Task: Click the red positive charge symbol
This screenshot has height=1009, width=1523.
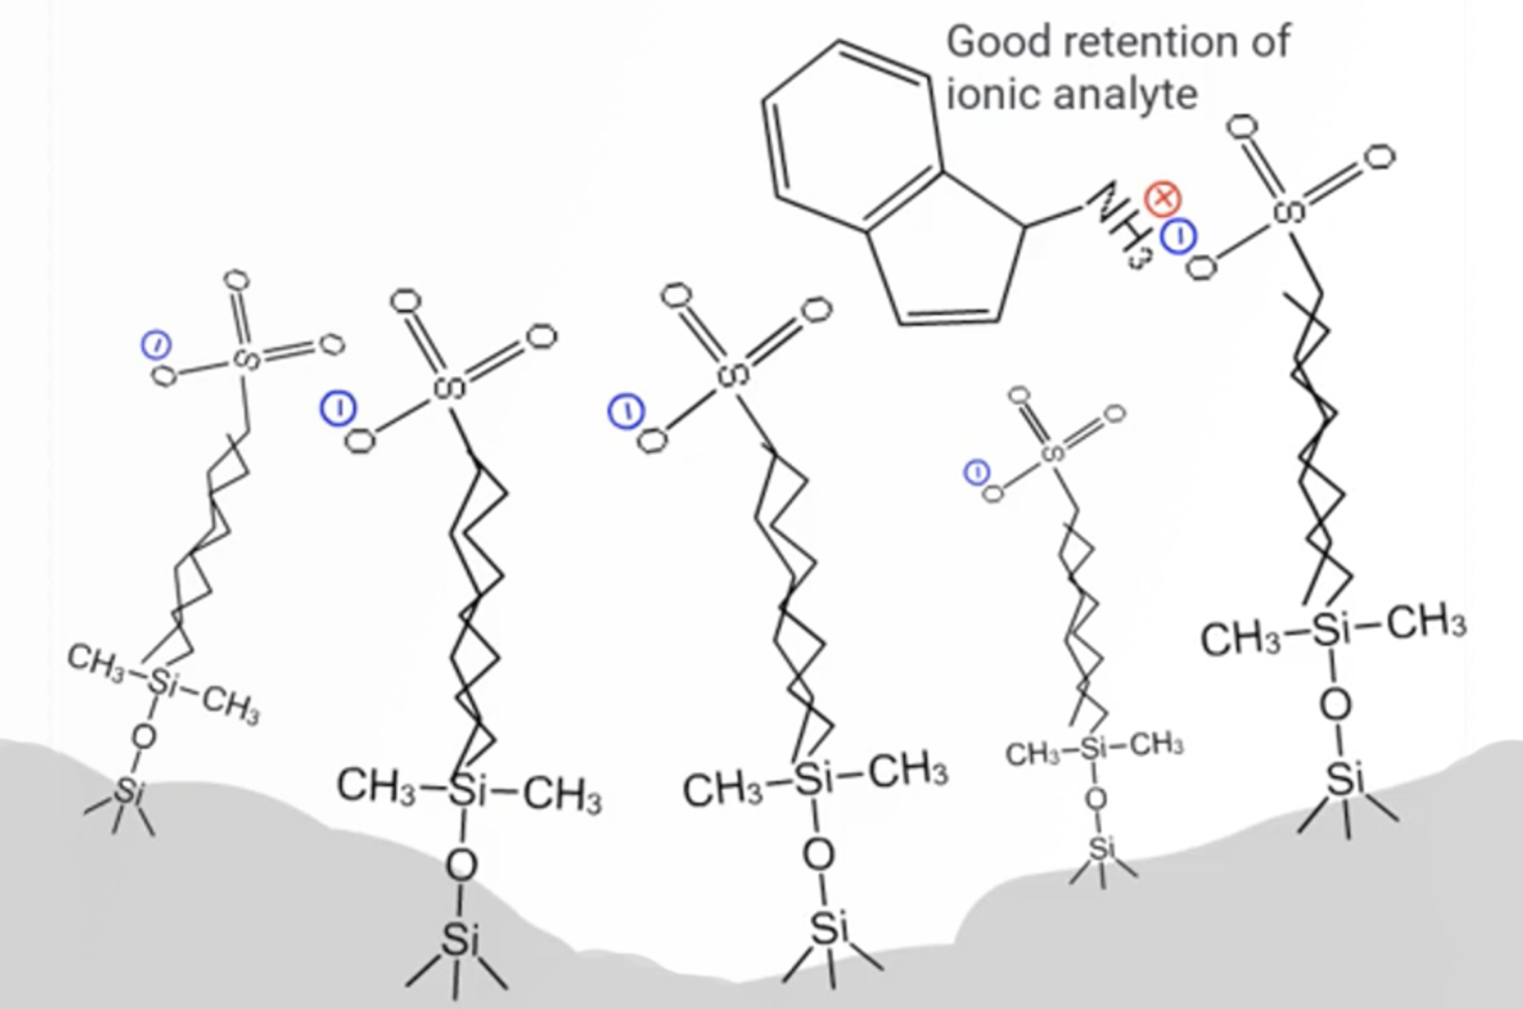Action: (1162, 199)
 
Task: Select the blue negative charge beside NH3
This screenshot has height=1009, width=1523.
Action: (1178, 235)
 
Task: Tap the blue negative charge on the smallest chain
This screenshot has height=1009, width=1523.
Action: (977, 472)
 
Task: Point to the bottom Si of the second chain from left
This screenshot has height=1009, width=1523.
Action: (460, 940)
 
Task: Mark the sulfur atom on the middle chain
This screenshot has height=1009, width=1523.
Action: (733, 374)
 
